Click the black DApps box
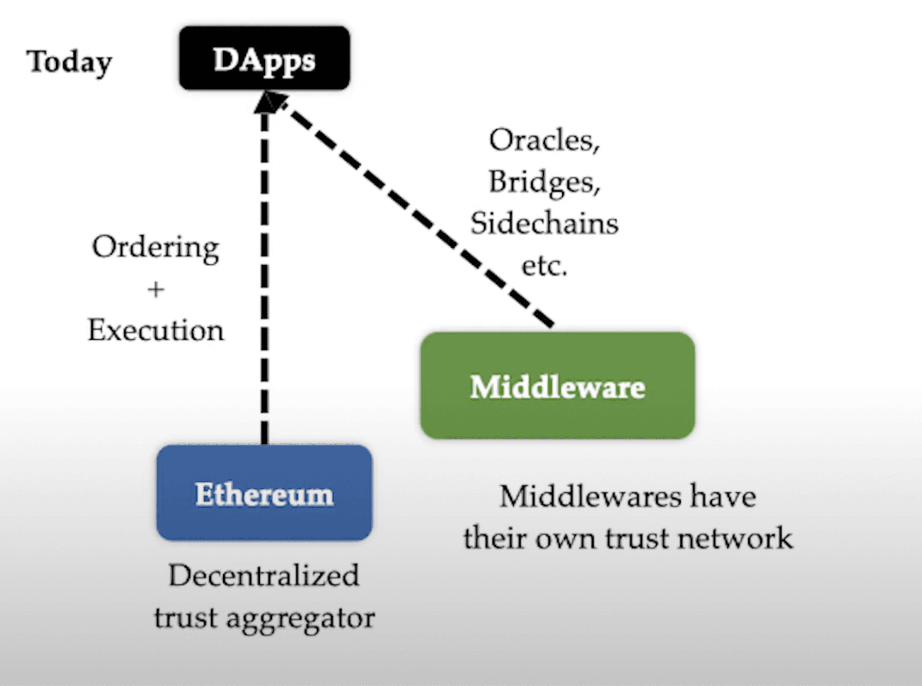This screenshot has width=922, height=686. pyautogui.click(x=264, y=59)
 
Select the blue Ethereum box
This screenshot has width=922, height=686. pyautogui.click(x=264, y=493)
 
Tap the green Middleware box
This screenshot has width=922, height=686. pyautogui.click(x=557, y=386)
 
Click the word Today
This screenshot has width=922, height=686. pyautogui.click(x=69, y=62)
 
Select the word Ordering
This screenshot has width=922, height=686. pyautogui.click(x=155, y=248)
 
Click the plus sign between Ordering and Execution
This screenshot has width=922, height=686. pyautogui.click(x=156, y=290)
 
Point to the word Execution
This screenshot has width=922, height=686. pyautogui.click(x=156, y=330)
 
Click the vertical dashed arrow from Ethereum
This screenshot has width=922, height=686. pyautogui.click(x=264, y=277)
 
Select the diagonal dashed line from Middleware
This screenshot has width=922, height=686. pyautogui.click(x=415, y=212)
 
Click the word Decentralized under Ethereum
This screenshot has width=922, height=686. pyautogui.click(x=263, y=576)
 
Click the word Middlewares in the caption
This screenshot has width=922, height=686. pyautogui.click(x=590, y=497)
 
